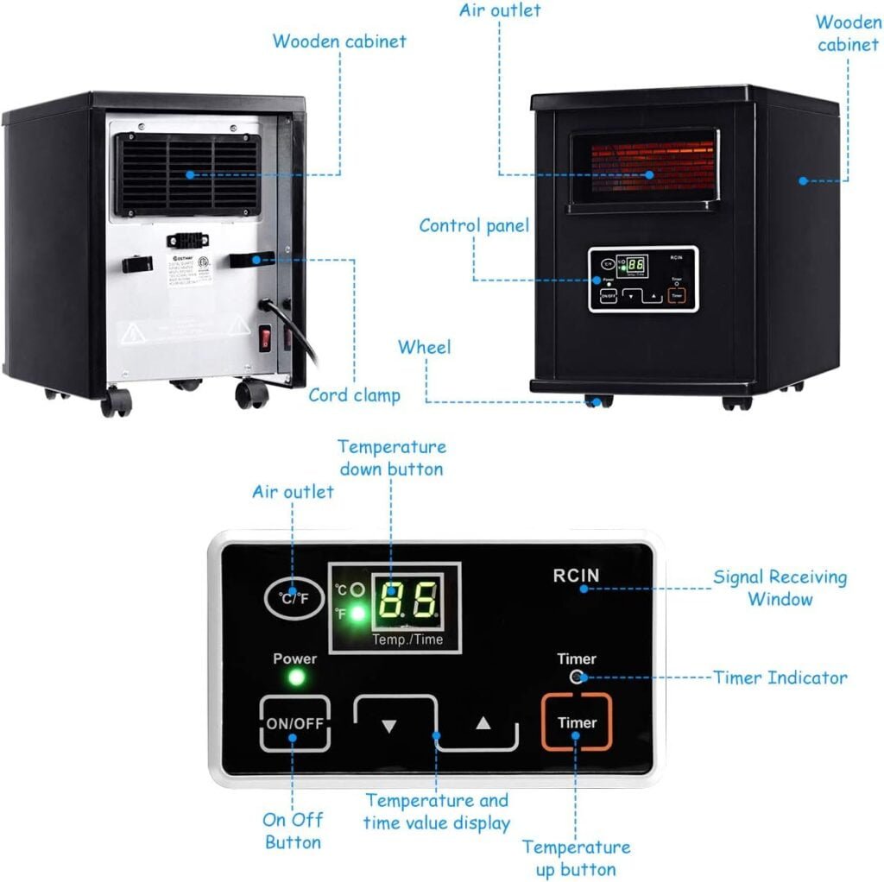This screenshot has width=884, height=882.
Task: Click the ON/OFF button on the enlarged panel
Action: pos(294,722)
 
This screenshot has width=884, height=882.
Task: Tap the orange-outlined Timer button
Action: pos(577,721)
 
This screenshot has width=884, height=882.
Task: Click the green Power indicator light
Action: pos(295,677)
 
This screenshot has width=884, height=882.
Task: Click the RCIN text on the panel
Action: pos(576,576)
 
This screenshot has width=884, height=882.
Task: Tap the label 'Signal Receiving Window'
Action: pos(780,588)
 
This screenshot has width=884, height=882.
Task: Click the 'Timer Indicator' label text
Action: pos(780,677)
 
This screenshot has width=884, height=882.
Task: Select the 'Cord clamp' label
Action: pos(354,395)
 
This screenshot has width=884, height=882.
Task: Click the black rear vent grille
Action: pos(189,174)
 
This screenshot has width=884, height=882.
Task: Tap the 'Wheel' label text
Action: pos(424,347)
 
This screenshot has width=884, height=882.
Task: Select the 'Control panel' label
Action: pos(474,226)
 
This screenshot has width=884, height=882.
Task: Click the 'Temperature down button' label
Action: pos(391,457)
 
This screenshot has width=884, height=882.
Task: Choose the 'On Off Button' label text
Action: pos(293,831)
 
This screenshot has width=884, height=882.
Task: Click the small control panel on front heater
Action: pos(643,279)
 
